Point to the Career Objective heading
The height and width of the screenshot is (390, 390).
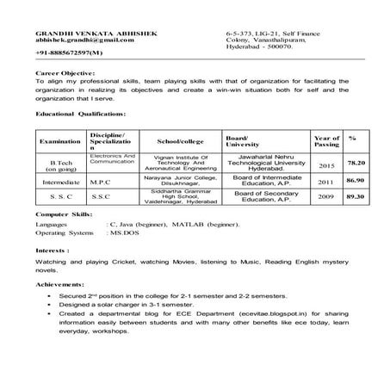pos(66,75)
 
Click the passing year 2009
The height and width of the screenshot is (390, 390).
pos(325,196)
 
